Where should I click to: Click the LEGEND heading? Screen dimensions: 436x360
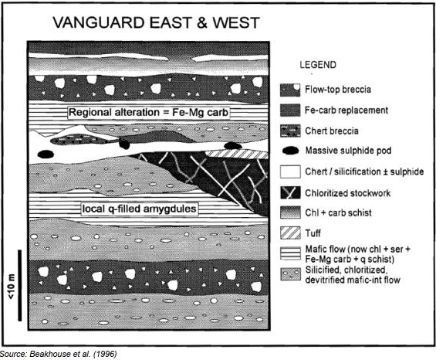click(318, 65)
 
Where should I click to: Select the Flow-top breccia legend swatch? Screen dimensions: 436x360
click(290, 90)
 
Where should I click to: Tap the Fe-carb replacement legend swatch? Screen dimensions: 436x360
click(290, 110)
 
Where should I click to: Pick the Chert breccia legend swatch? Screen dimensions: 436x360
click(290, 131)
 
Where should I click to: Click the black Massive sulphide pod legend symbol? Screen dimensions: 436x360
click(291, 151)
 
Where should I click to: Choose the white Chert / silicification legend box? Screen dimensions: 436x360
click(290, 172)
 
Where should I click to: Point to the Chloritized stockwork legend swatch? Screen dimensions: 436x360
click(290, 192)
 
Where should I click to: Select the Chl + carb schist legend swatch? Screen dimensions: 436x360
click(290, 212)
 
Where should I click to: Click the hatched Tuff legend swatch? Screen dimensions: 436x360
click(290, 233)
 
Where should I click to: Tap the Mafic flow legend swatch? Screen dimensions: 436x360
click(290, 253)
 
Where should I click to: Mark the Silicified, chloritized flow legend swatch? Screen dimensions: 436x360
click(290, 274)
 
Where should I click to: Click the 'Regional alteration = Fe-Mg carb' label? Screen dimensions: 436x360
click(148, 113)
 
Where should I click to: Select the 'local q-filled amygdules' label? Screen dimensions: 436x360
click(140, 209)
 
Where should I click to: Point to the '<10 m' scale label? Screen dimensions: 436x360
click(11, 287)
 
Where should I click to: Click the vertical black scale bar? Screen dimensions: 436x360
click(20, 285)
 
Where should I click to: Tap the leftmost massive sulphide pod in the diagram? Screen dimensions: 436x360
click(45, 154)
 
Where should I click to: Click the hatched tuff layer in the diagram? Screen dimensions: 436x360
click(236, 155)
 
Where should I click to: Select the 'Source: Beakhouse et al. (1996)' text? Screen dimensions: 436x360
click(59, 354)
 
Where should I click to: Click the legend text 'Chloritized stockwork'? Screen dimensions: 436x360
click(347, 193)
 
